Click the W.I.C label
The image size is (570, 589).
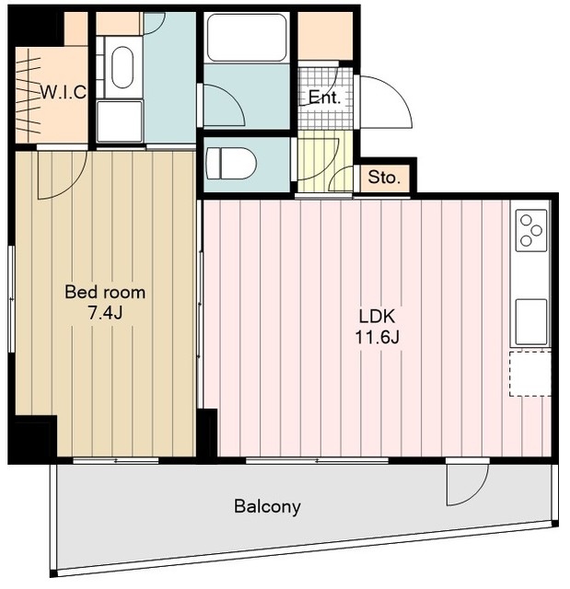[64, 92]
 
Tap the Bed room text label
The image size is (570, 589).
[105, 293]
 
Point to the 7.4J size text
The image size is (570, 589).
[105, 313]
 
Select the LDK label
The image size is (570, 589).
[377, 317]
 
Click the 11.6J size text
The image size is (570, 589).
[377, 338]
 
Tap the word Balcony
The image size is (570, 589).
[267, 506]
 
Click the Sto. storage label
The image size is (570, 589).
[384, 177]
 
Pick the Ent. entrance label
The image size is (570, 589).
[325, 98]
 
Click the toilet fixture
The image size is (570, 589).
[231, 164]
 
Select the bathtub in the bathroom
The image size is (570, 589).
[247, 37]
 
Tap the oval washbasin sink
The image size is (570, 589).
[122, 67]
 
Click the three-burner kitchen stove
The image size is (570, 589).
[531, 230]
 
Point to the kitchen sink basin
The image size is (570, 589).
[531, 321]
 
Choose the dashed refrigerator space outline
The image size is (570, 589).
[530, 374]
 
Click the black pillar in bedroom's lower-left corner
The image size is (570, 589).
[33, 438]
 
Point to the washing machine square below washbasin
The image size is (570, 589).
[120, 121]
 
